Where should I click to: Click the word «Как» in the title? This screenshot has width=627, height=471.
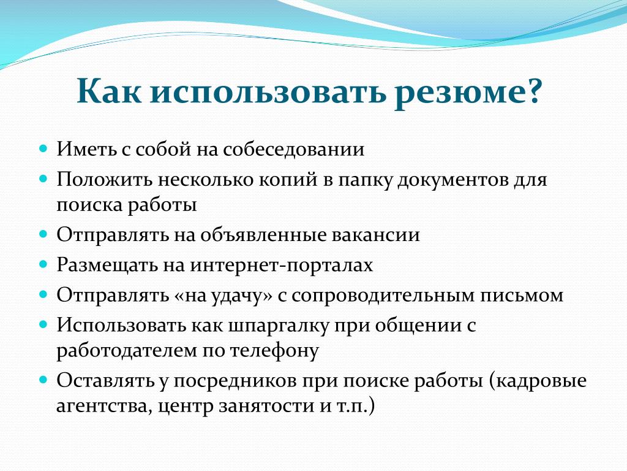click(109, 91)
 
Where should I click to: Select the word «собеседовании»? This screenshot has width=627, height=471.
click(294, 150)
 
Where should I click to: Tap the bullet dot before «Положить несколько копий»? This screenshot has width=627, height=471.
click(43, 178)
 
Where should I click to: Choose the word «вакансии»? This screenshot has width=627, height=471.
click(376, 235)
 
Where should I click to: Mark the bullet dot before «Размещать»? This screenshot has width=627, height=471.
click(43, 264)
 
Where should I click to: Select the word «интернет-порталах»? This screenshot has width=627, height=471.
click(282, 266)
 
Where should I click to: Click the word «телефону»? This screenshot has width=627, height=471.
click(274, 351)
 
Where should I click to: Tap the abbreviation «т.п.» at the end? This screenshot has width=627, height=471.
click(352, 407)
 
